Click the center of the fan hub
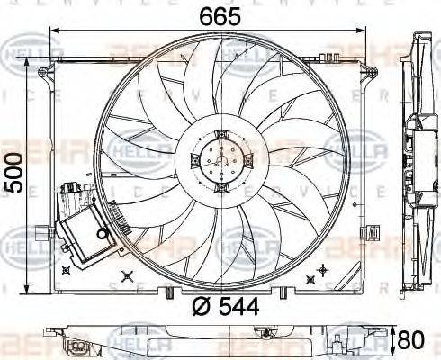click(x=220, y=163)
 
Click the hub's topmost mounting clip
click(x=221, y=134)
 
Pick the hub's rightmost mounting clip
click(x=250, y=162)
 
